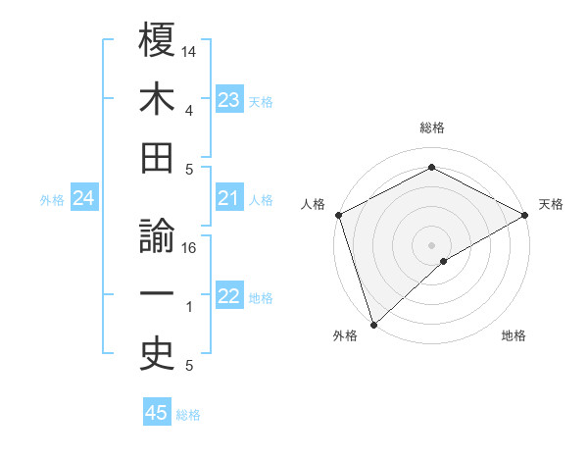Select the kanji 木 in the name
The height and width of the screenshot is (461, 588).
(x=157, y=99)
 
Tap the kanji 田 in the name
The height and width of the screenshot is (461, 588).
(x=157, y=159)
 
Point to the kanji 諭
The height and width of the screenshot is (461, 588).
(x=157, y=236)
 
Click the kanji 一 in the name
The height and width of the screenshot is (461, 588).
(x=157, y=296)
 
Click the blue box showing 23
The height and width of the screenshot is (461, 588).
(x=228, y=100)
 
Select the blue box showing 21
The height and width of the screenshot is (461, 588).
(x=228, y=199)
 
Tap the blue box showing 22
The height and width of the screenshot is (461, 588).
(x=228, y=297)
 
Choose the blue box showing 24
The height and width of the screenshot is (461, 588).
(x=84, y=199)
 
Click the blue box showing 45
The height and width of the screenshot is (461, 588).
(x=157, y=413)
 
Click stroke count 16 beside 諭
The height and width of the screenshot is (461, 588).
(x=189, y=248)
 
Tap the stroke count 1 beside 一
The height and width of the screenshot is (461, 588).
(x=189, y=308)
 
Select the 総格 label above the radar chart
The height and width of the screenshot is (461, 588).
(x=431, y=128)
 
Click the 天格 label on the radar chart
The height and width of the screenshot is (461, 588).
(x=551, y=204)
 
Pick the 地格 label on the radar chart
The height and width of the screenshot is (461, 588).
(x=514, y=335)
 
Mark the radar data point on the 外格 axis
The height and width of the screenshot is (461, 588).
(x=372, y=324)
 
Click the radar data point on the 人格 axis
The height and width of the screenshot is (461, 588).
(x=338, y=214)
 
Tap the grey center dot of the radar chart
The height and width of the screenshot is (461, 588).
(x=431, y=243)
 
